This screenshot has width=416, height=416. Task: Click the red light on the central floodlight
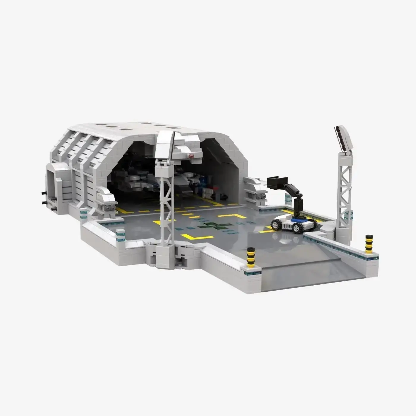[190, 155]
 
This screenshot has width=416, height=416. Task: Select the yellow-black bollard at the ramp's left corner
[251, 256]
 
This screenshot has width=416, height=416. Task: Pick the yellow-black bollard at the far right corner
[369, 244]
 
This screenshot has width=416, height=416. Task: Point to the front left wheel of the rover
[276, 225]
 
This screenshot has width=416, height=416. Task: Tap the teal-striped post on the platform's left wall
[120, 234]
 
